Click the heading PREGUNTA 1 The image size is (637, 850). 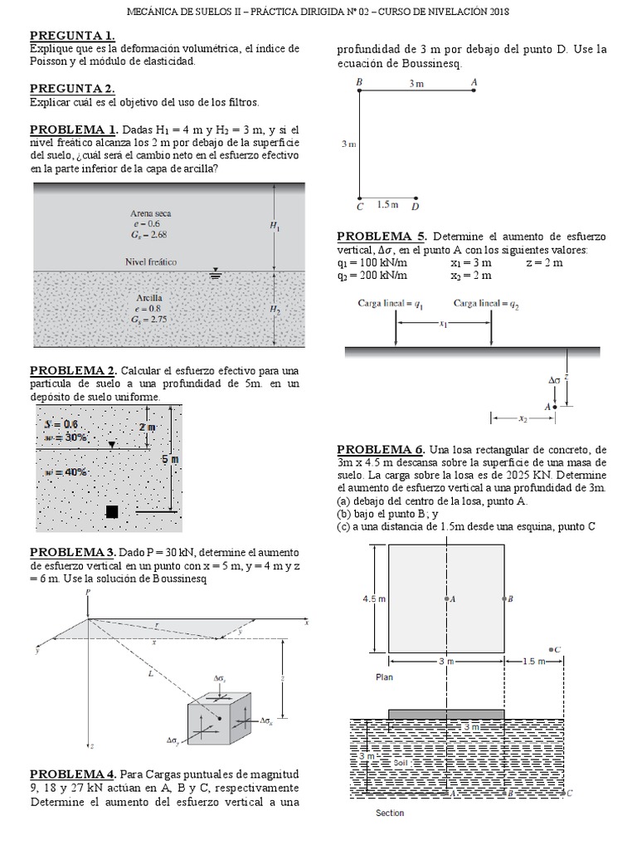point(72,36)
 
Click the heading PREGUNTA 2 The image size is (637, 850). point(72,88)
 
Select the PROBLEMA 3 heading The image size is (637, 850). point(72,553)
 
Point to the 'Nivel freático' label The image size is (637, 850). point(151,261)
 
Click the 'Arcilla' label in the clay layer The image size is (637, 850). point(150,297)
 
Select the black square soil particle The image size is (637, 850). point(112,511)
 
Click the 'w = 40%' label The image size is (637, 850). point(66,471)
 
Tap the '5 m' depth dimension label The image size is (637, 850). point(170,458)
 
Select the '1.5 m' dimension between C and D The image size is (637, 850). point(387,204)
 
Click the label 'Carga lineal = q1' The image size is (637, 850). point(391,304)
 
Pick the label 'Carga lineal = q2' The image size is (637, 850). point(486,304)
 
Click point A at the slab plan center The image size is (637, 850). point(446,598)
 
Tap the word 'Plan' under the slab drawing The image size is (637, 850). point(384,677)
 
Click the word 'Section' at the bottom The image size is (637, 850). point(390,813)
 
